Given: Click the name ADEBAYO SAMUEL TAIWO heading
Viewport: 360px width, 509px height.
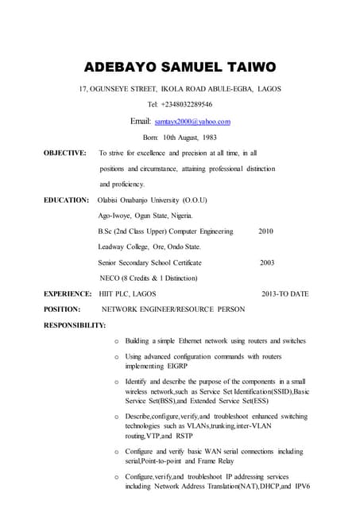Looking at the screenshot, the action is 180,66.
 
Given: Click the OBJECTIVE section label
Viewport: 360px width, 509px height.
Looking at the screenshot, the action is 65,152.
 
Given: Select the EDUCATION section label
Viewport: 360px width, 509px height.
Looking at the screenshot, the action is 66,200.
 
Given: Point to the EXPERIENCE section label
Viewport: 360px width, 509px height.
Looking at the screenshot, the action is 68,293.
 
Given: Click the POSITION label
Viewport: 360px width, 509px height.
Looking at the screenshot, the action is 62,309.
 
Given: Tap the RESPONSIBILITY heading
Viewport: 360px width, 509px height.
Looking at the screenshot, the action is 75,324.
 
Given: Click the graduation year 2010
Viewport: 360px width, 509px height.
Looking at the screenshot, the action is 266,231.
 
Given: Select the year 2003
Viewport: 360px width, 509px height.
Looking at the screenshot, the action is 267,262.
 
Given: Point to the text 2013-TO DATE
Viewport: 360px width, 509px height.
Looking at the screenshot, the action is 285,293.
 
